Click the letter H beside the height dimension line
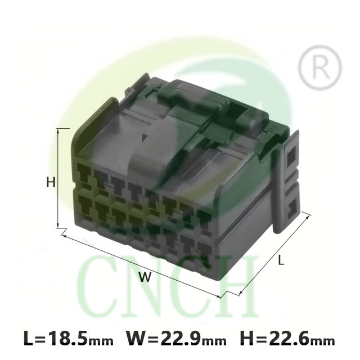click(x=51, y=182)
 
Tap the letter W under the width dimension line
click(x=145, y=277)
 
